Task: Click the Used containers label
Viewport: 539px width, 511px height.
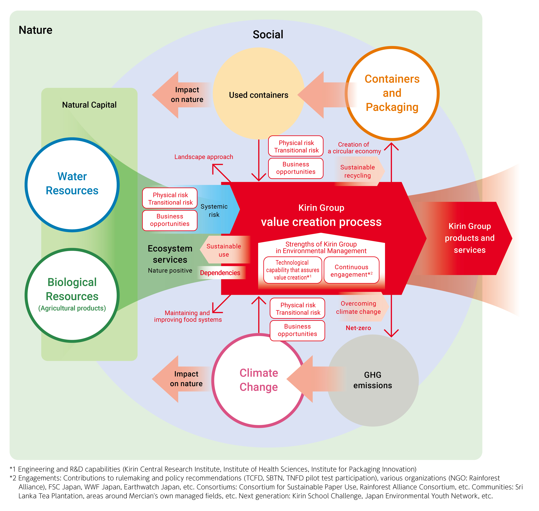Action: click(258, 95)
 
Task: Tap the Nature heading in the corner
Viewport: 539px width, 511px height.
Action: click(35, 30)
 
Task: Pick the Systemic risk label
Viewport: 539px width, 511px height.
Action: click(214, 211)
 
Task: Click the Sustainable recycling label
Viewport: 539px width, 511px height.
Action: click(357, 171)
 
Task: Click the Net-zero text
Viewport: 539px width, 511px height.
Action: click(358, 328)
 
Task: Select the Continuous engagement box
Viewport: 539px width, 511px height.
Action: click(351, 270)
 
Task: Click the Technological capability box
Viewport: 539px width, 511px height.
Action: click(293, 270)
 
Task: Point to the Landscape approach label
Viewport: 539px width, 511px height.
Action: click(204, 157)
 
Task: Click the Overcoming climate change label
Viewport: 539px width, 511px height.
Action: click(358, 308)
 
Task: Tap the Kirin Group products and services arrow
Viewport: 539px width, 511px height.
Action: click(470, 238)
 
